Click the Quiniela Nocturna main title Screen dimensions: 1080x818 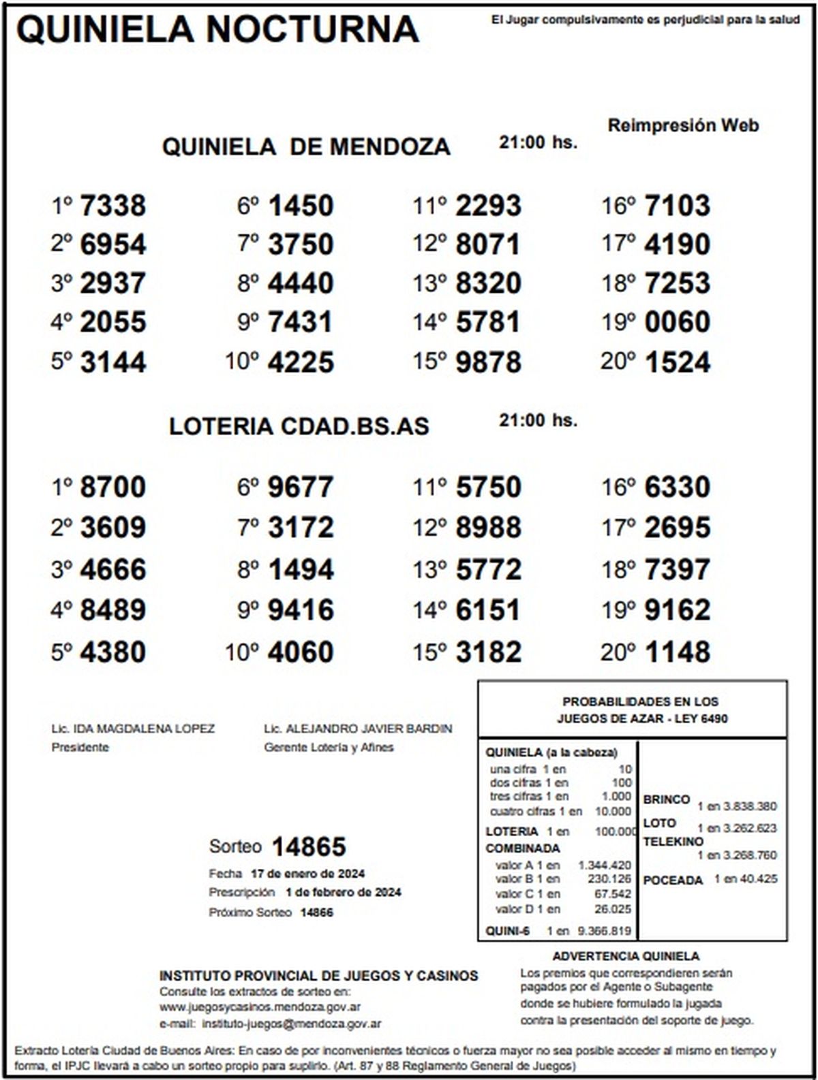coord(217,29)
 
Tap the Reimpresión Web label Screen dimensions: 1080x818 coord(683,125)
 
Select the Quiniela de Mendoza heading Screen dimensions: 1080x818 coord(306,146)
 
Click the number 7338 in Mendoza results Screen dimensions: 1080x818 coord(113,206)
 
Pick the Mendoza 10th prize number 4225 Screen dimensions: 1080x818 coord(301,362)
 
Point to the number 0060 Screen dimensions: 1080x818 coord(677,322)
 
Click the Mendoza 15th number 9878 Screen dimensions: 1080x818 coord(488,362)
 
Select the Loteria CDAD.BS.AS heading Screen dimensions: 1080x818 coord(299,426)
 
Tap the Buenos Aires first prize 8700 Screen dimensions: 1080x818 coord(113,488)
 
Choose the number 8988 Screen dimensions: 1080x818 coord(488,528)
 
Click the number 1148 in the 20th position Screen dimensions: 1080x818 coord(677,652)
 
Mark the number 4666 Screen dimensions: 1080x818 coord(113,570)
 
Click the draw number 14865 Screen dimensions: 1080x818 coord(309,846)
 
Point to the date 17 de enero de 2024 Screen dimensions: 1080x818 coord(307,874)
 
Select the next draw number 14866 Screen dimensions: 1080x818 coord(317,912)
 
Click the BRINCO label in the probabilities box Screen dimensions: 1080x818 coord(666,799)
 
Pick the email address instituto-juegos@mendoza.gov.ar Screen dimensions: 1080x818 coord(292,1023)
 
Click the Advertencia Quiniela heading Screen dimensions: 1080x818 coord(626,956)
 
